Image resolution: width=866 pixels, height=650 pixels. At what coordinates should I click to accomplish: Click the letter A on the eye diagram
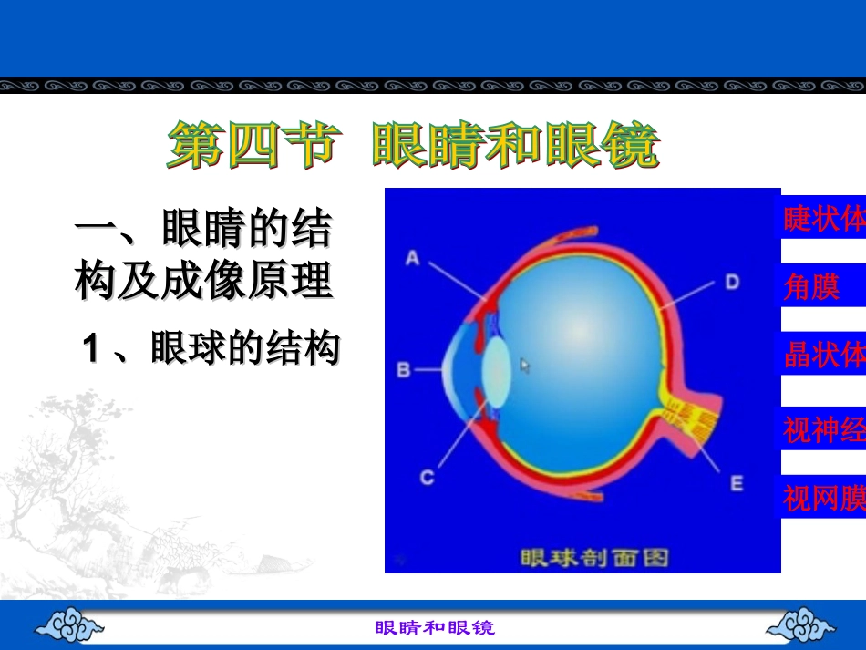(x=413, y=258)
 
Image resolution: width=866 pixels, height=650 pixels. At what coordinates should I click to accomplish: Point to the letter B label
(x=404, y=369)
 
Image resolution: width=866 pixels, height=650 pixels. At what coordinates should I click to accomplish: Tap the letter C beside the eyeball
(x=427, y=477)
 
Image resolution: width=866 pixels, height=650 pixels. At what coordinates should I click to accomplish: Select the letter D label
(x=732, y=283)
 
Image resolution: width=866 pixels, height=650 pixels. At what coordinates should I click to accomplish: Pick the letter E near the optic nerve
(x=737, y=484)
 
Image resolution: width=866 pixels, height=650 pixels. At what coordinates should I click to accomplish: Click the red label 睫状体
(x=824, y=218)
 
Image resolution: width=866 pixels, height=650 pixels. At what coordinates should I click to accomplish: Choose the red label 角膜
(x=811, y=286)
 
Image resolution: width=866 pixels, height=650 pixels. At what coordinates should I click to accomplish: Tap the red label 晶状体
(x=824, y=354)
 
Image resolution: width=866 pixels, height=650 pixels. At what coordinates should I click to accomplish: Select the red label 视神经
(x=824, y=429)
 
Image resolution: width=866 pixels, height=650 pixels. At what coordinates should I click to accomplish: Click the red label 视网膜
(x=824, y=498)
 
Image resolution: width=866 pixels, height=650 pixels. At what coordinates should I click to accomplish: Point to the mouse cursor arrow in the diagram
(x=525, y=366)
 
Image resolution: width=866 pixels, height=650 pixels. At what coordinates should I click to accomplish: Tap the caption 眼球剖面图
(x=594, y=558)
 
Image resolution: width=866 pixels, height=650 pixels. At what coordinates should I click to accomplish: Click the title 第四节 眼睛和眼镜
(x=413, y=145)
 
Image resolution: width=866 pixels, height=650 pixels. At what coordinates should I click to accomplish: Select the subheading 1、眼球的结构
(x=211, y=348)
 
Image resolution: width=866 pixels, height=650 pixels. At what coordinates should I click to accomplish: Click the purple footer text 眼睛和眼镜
(x=435, y=628)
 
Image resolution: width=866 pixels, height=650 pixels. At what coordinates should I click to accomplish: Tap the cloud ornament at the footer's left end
(x=69, y=624)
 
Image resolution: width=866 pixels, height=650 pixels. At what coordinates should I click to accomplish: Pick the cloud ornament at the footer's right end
(x=800, y=624)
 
